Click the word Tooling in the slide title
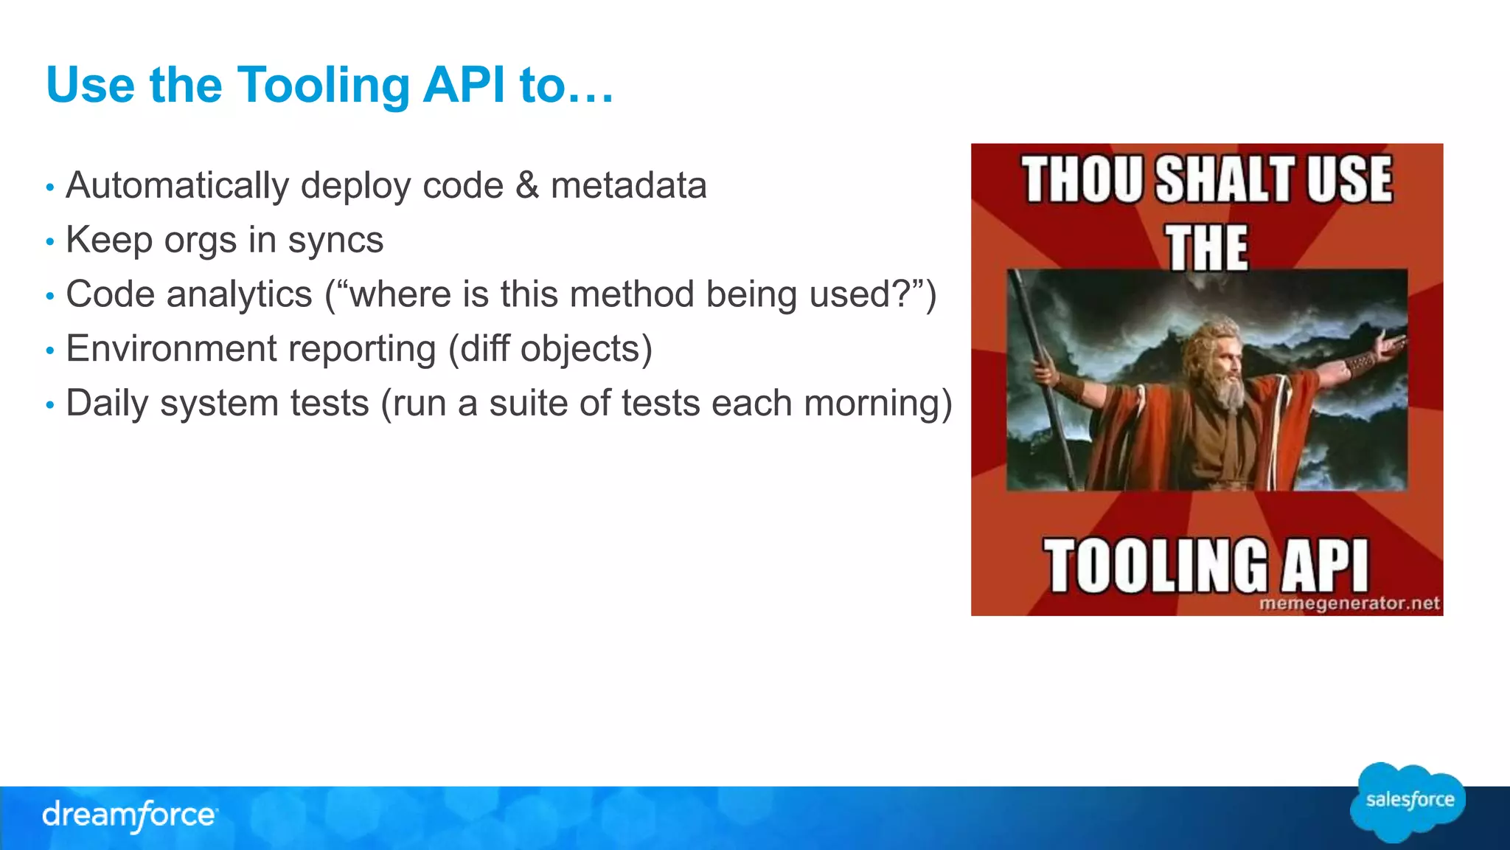322,86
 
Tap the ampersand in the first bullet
527,185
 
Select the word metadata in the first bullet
628,185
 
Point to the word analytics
239,294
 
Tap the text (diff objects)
550,349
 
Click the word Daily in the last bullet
106,404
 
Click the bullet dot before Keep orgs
50,242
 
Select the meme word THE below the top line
1207,247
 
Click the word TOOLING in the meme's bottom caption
1155,566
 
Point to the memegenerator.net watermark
1349,604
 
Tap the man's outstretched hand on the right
1390,344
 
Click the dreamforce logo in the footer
129,815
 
